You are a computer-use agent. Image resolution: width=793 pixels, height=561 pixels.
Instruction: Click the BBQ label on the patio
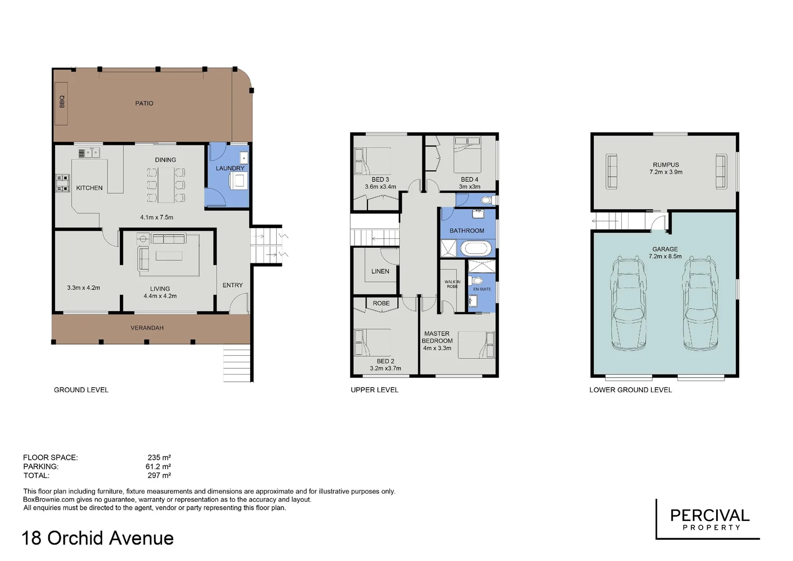click(62, 102)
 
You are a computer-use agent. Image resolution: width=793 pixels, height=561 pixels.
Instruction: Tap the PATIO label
click(144, 103)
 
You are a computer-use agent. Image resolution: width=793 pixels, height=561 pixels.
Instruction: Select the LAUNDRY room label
click(230, 168)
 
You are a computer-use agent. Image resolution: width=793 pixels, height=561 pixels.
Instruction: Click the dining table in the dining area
click(166, 185)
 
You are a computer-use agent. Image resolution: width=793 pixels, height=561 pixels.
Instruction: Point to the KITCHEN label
click(89, 188)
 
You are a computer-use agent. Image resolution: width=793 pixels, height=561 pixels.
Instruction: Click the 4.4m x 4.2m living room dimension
click(160, 296)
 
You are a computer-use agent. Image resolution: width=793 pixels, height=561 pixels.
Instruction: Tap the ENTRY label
click(233, 285)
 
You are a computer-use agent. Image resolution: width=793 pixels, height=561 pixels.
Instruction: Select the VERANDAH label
click(147, 328)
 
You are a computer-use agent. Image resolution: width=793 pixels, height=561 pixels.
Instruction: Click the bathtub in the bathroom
click(475, 248)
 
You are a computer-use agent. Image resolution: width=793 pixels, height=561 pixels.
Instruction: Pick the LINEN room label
click(380, 271)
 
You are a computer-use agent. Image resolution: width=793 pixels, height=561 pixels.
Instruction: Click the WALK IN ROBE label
click(452, 284)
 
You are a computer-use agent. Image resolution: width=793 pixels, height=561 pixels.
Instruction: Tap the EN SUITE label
click(482, 289)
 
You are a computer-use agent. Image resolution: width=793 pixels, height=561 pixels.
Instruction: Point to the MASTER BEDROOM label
click(437, 338)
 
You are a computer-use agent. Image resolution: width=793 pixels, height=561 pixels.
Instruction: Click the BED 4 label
click(469, 180)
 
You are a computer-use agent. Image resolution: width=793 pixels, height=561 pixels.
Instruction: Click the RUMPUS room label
click(666, 165)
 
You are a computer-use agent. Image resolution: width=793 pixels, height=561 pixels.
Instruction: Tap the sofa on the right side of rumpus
click(720, 171)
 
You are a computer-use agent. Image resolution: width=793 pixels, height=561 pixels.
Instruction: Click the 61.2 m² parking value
click(158, 466)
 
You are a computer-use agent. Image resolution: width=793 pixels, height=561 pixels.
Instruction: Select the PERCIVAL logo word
click(709, 515)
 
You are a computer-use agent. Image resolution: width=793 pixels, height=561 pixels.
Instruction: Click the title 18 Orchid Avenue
click(98, 538)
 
